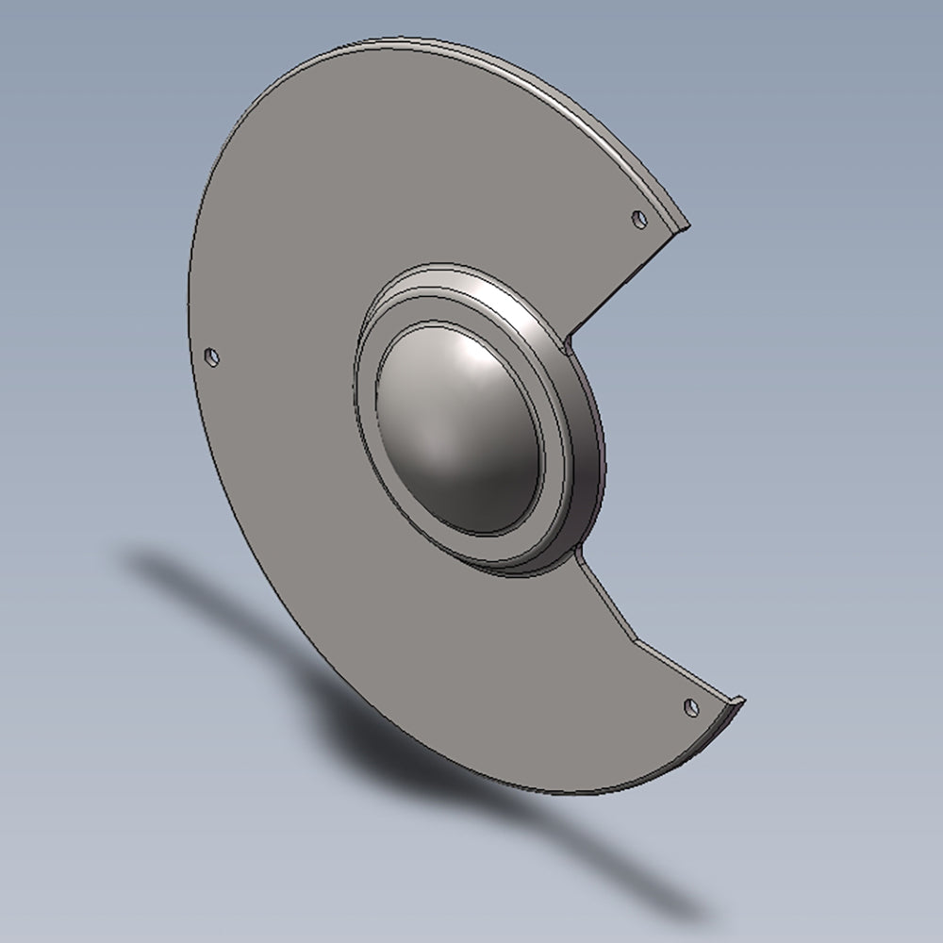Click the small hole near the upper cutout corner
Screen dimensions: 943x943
pyautogui.click(x=639, y=219)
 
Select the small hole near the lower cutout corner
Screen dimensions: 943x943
pyautogui.click(x=691, y=705)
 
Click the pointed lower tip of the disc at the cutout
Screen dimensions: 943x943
pyautogui.click(x=742, y=700)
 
